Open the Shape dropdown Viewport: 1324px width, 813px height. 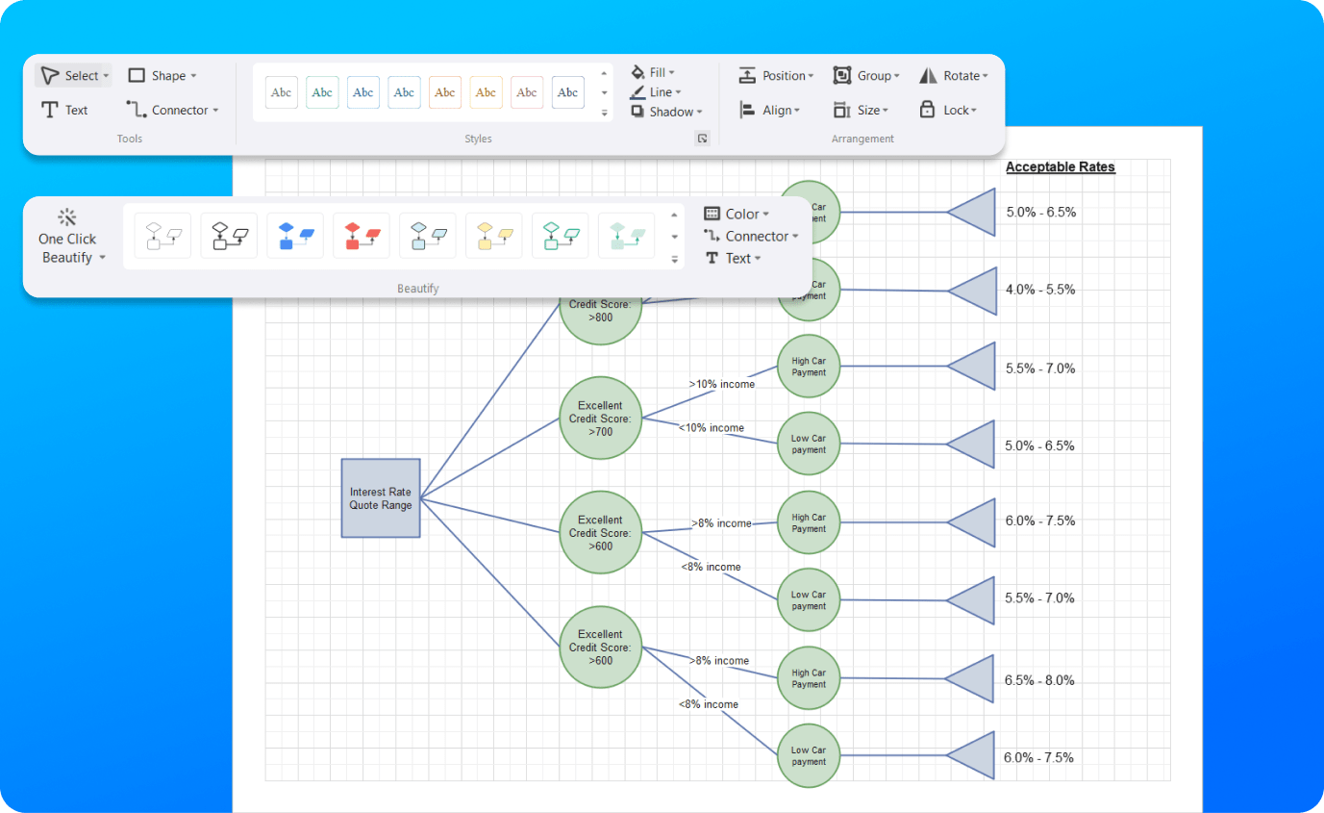tap(162, 76)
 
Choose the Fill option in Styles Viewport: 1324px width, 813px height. tap(654, 72)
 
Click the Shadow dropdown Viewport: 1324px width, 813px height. tap(668, 112)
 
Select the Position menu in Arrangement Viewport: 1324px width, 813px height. tap(776, 76)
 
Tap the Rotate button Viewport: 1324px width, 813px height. tap(950, 76)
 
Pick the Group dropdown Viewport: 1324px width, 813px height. tap(866, 76)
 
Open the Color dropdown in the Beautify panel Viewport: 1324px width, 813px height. tap(737, 214)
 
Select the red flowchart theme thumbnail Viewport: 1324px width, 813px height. tap(362, 236)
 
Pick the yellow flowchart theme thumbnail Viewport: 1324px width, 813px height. tap(494, 236)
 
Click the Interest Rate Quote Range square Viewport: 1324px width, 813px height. tap(381, 498)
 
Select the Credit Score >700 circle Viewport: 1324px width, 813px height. tap(600, 419)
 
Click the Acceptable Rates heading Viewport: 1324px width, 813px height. tap(1060, 167)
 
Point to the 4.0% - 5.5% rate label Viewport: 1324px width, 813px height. tap(1040, 290)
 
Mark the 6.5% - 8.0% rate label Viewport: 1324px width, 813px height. tap(1039, 680)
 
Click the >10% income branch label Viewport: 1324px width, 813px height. tap(721, 384)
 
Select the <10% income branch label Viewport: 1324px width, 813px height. tap(712, 428)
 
